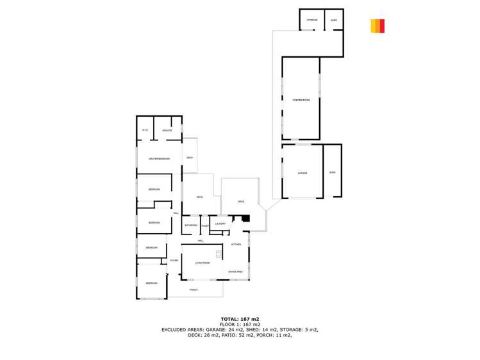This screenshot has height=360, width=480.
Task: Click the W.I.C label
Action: click(x=145, y=131)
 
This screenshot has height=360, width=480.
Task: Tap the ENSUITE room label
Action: click(x=167, y=131)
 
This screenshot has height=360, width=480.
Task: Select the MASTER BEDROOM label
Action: click(x=159, y=159)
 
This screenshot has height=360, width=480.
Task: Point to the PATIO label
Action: click(x=200, y=197)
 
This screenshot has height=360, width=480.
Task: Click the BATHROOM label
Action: click(x=190, y=225)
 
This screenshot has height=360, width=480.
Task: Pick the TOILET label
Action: click(x=205, y=225)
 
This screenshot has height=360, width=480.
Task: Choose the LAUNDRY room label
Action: click(x=220, y=224)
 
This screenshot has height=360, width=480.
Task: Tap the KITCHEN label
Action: click(x=236, y=245)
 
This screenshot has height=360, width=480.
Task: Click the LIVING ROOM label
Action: click(x=203, y=263)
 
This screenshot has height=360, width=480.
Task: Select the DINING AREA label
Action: click(x=235, y=272)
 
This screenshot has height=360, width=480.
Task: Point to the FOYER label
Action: click(x=173, y=260)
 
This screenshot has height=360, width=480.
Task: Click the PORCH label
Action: click(x=194, y=290)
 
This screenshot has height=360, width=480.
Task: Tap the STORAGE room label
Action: click(x=312, y=20)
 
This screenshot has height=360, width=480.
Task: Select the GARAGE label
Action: click(x=302, y=173)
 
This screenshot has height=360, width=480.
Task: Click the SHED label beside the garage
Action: click(x=332, y=172)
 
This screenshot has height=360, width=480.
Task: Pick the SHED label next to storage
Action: click(x=334, y=20)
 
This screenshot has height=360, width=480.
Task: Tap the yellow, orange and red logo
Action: click(x=377, y=26)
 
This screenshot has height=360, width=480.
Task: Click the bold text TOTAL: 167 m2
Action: click(x=240, y=318)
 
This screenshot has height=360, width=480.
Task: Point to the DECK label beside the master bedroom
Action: click(x=189, y=158)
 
